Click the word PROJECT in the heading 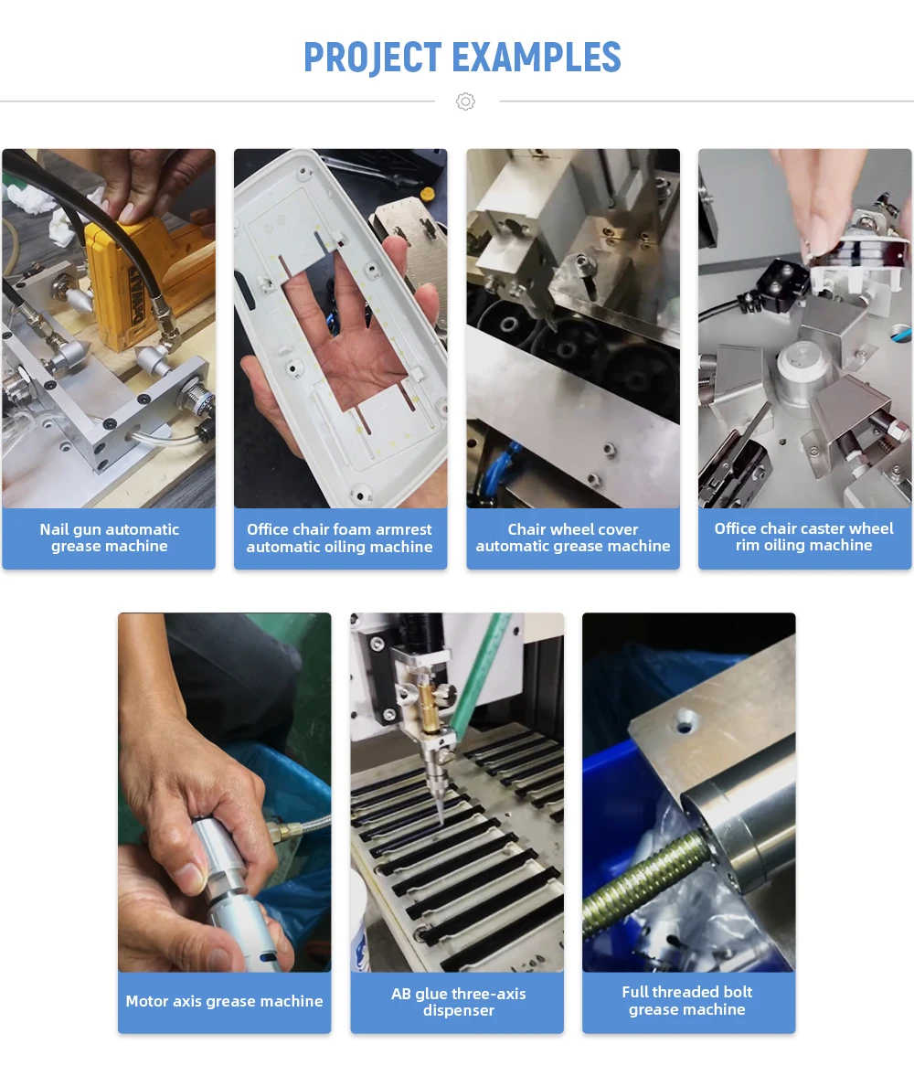[373, 58]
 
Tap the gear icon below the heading [465, 101]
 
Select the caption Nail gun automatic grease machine [109, 538]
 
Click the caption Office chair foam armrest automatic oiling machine [340, 538]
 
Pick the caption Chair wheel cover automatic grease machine [573, 538]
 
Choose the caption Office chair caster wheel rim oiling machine [804, 538]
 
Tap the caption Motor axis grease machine [224, 1001]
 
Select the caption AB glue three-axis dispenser [459, 1002]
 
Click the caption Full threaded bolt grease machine [687, 1000]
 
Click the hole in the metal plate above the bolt [684, 722]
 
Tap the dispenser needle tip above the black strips [440, 821]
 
